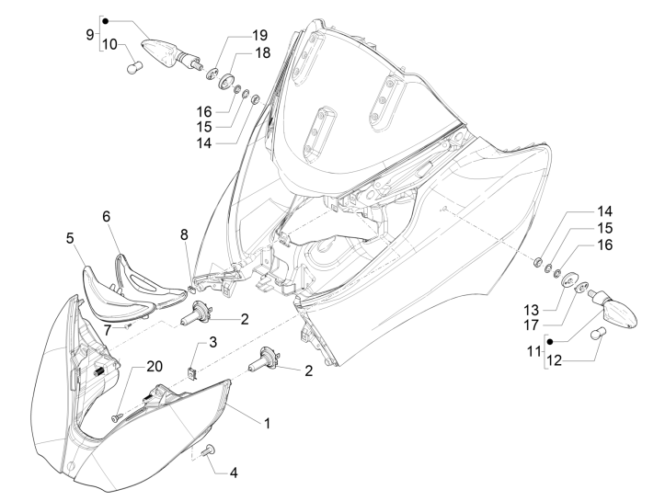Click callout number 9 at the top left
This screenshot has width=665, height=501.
90,34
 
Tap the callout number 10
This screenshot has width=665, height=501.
109,44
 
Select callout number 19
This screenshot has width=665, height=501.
261,35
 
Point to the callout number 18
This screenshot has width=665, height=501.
262,52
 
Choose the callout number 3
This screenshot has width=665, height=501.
212,342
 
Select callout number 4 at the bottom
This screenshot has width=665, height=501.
233,473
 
